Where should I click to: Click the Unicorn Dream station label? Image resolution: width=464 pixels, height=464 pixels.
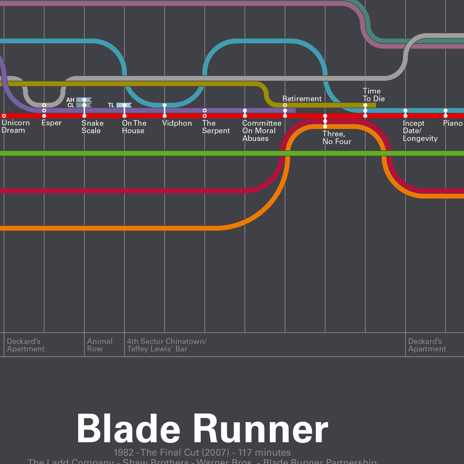[15, 127]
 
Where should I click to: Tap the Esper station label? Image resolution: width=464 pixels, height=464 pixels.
[52, 123]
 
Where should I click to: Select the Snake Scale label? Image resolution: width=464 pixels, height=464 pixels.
[92, 127]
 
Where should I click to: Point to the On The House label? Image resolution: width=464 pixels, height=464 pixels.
[134, 127]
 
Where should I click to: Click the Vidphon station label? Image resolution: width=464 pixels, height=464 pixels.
[177, 123]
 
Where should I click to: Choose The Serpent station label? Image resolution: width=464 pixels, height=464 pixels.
[216, 127]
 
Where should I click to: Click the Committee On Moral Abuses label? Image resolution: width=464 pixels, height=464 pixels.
[262, 131]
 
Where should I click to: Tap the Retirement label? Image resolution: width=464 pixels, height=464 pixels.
[302, 99]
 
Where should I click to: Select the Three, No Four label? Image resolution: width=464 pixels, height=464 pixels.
[337, 138]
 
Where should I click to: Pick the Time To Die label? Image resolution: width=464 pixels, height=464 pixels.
[373, 95]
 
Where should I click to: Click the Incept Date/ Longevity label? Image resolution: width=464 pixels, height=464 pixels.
[420, 131]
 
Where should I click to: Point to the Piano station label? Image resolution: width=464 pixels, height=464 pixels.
[453, 123]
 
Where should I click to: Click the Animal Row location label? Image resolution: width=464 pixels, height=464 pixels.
[100, 345]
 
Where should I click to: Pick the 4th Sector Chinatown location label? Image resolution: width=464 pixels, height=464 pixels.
[167, 345]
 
